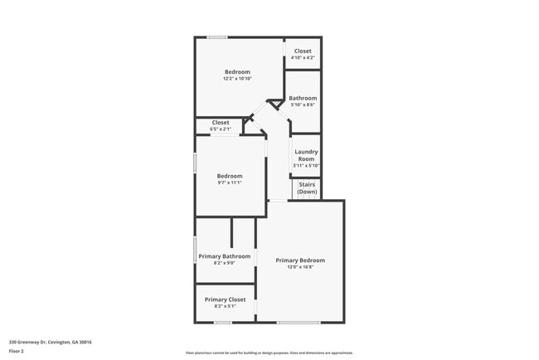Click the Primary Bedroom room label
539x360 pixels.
300,260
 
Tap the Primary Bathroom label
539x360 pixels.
225,256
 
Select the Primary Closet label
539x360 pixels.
225,299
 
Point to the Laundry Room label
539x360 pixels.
306,155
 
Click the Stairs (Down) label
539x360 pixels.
307,188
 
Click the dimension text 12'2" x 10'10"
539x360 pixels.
238,79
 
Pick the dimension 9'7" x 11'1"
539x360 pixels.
230,182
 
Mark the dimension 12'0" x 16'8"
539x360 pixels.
300,267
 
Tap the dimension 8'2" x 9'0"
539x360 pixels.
225,263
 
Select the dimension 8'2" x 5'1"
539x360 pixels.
225,306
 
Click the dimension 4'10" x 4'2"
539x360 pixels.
303,57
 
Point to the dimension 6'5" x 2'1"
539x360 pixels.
220,129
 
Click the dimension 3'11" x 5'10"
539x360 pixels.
306,165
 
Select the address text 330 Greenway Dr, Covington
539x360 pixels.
50,342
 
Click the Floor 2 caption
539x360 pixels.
17,351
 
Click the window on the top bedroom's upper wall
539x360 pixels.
218,37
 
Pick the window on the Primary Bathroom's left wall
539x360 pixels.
195,249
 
